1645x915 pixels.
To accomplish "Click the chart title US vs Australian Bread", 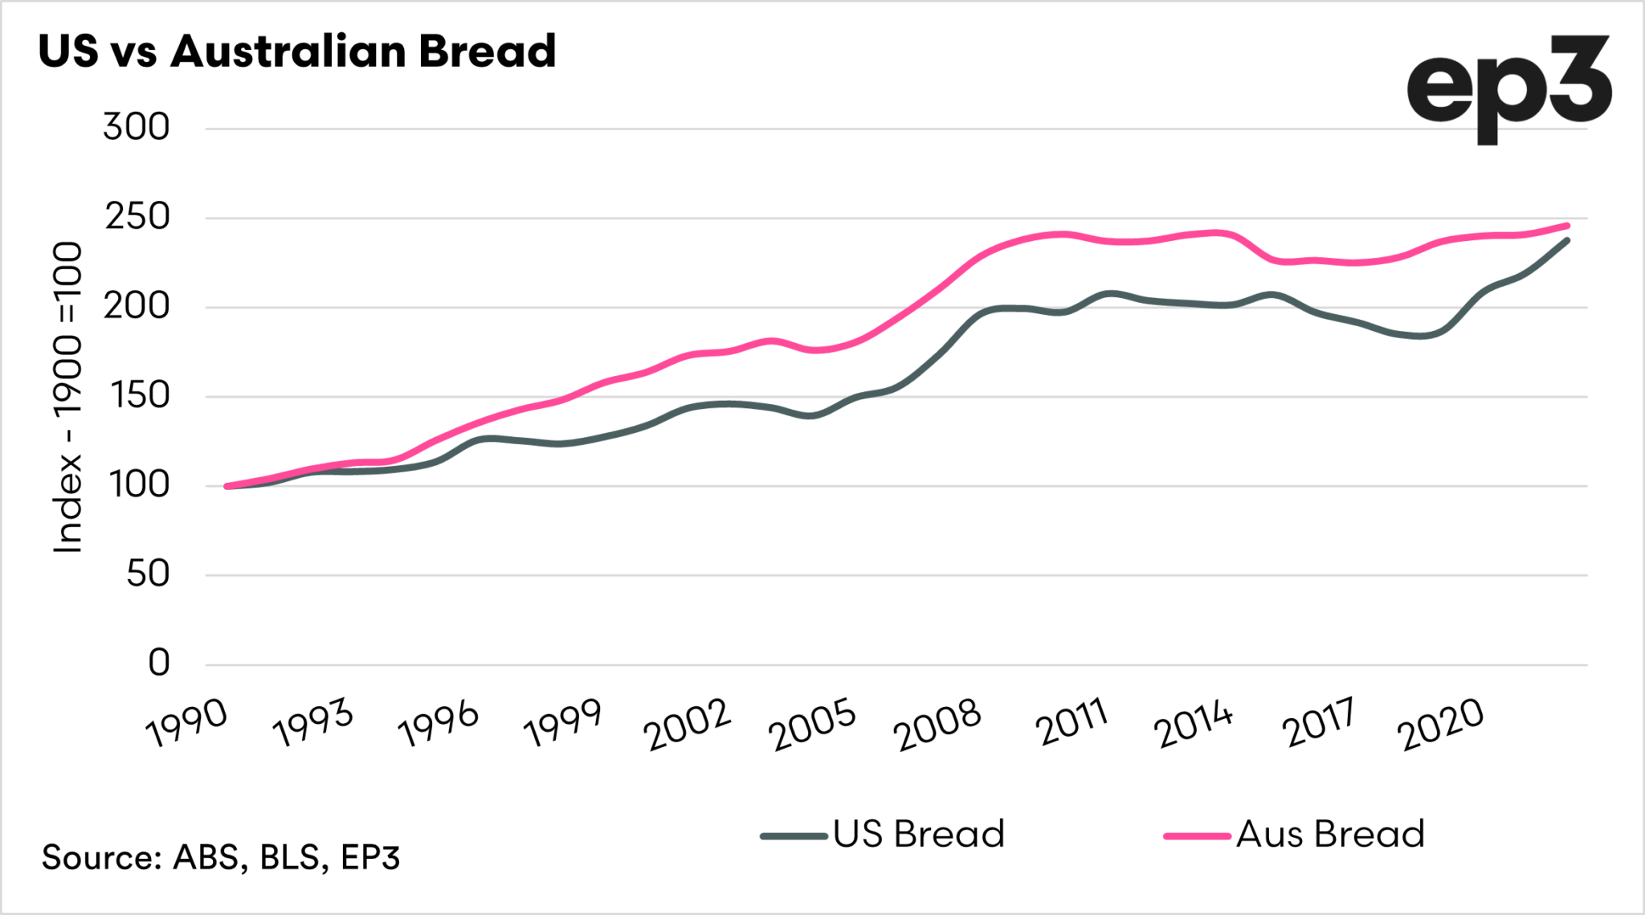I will click(296, 51).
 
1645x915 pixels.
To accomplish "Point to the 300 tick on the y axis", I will click(137, 128).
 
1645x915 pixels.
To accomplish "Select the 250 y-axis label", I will click(137, 217).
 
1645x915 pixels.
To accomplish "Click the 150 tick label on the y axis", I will click(137, 395).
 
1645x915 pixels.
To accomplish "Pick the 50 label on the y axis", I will click(148, 574).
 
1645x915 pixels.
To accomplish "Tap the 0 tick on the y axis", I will click(159, 663).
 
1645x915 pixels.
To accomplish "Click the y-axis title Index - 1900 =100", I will click(68, 398).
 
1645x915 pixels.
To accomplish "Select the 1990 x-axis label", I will click(186, 724).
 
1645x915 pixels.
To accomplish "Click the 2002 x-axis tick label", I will click(688, 725).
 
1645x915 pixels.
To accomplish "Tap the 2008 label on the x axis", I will click(937, 725).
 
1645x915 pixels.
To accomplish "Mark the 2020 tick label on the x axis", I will click(1442, 725).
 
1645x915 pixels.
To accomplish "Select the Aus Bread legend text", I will click(1330, 834).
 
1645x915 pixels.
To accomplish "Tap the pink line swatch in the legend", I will click(1197, 836).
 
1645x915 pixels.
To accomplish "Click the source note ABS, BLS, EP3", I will click(221, 857).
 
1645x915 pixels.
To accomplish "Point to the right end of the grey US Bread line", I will click(1567, 240).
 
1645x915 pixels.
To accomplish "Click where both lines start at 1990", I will click(227, 486).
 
